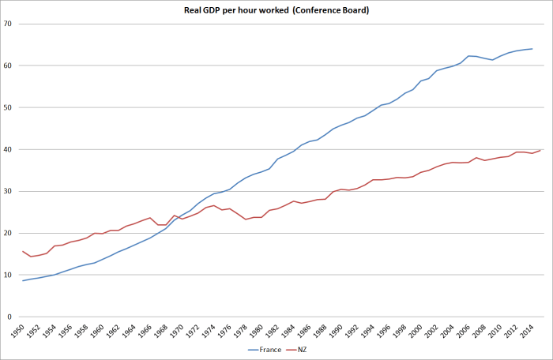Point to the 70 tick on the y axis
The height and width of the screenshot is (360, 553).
pyautogui.click(x=9, y=24)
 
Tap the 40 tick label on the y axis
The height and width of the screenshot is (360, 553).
pyautogui.click(x=9, y=149)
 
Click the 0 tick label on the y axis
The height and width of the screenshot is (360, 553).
pyautogui.click(x=11, y=317)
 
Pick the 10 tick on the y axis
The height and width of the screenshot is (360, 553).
pyautogui.click(x=9, y=275)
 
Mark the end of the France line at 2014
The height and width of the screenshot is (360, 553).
pyautogui.click(x=532, y=49)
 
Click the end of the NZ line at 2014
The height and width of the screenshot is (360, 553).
pyautogui.click(x=540, y=150)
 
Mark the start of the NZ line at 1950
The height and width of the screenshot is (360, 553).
pyautogui.click(x=23, y=251)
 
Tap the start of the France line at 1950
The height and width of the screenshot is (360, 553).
pyautogui.click(x=23, y=280)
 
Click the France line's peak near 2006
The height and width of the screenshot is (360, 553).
pyautogui.click(x=468, y=56)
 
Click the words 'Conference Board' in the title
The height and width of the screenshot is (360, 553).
pyautogui.click(x=321, y=10)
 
